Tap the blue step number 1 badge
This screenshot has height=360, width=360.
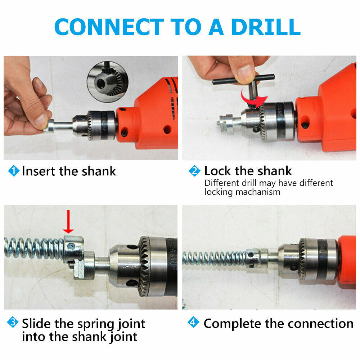[14, 171]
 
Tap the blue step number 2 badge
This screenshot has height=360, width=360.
[194, 171]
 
